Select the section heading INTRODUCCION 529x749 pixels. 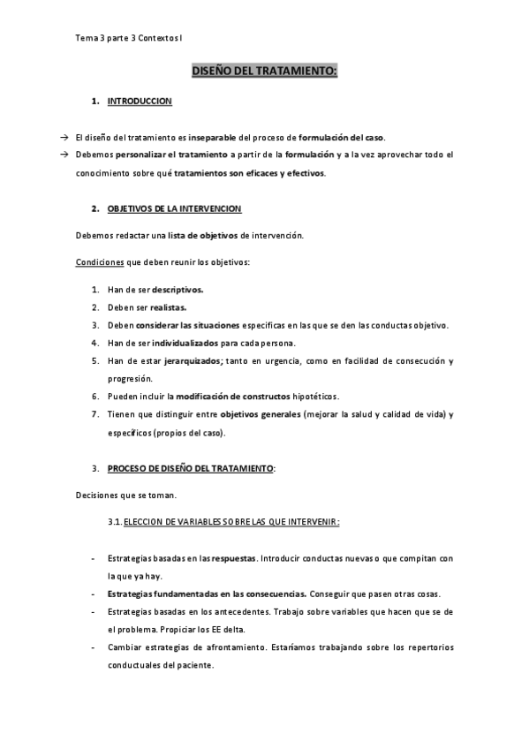point(140,102)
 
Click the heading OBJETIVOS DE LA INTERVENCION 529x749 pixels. point(174,208)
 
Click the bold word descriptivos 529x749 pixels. point(178,290)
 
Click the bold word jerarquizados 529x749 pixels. point(187,360)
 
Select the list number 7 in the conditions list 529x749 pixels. point(94,414)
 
